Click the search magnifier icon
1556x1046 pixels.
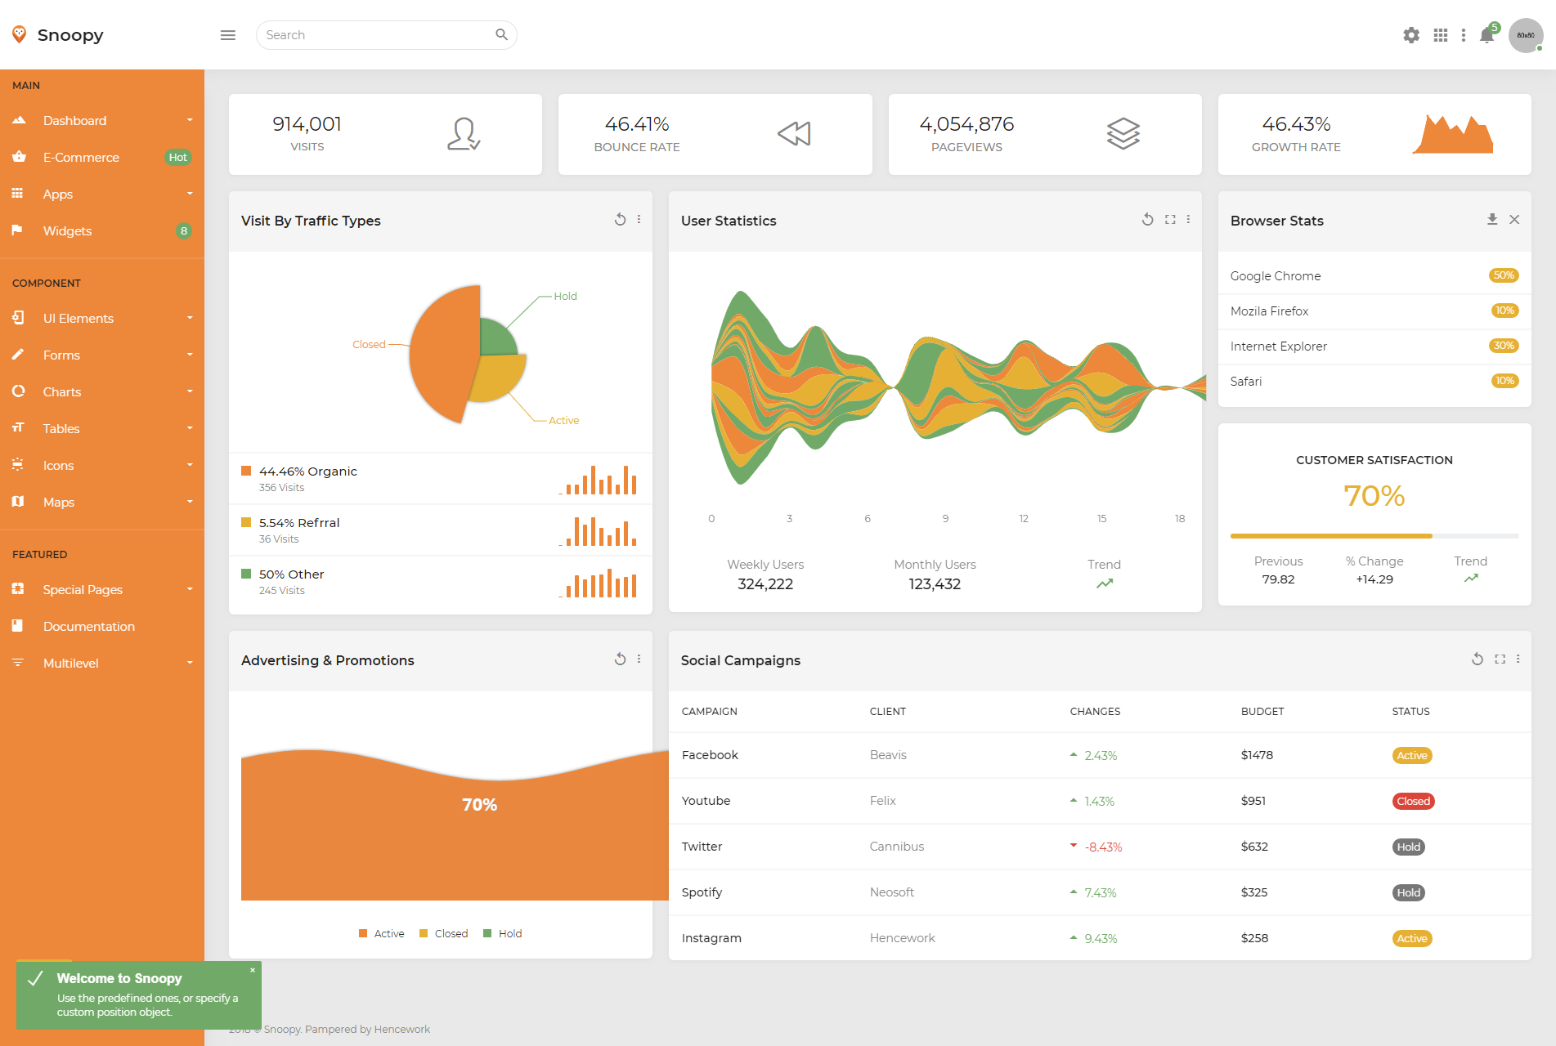pyautogui.click(x=501, y=34)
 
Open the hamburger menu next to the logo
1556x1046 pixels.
pyautogui.click(x=228, y=35)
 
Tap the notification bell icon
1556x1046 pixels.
pyautogui.click(x=1486, y=36)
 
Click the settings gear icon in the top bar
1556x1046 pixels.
pyautogui.click(x=1411, y=35)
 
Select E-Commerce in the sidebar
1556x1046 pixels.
pyautogui.click(x=81, y=157)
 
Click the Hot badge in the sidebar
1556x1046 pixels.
pyautogui.click(x=177, y=157)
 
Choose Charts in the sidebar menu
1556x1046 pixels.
pyautogui.click(x=62, y=391)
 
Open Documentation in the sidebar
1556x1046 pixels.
pyautogui.click(x=89, y=626)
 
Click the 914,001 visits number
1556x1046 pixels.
pyautogui.click(x=307, y=123)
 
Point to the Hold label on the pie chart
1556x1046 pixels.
pyautogui.click(x=565, y=296)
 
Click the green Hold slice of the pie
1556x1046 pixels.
pyautogui.click(x=495, y=337)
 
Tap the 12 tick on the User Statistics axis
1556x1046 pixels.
pyautogui.click(x=1024, y=518)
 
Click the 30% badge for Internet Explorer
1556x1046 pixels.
pyautogui.click(x=1504, y=346)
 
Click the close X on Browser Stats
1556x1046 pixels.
pyautogui.click(x=1514, y=219)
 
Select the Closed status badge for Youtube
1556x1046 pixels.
pyautogui.click(x=1413, y=801)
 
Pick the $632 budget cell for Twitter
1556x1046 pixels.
pyautogui.click(x=1254, y=847)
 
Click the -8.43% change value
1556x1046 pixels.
pyautogui.click(x=1103, y=847)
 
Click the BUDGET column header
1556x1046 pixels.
pyautogui.click(x=1262, y=711)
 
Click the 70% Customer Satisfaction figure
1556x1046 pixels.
pyautogui.click(x=1374, y=495)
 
